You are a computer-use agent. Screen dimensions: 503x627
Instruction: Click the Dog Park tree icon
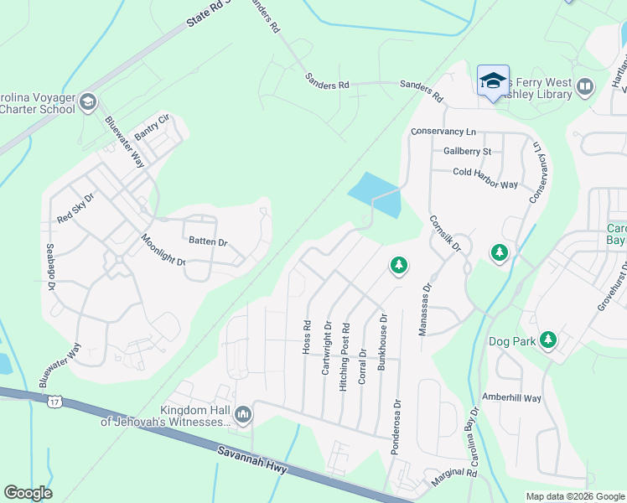(x=548, y=340)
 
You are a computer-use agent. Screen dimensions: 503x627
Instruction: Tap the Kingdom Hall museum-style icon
(x=244, y=414)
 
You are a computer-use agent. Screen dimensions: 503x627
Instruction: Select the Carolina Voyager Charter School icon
(x=87, y=103)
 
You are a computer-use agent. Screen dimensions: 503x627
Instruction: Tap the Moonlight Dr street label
(x=163, y=250)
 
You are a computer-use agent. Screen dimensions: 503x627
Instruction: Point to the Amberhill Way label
(x=512, y=397)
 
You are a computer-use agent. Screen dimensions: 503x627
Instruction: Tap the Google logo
(x=28, y=493)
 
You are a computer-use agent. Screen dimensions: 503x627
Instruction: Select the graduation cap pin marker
(x=493, y=81)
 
